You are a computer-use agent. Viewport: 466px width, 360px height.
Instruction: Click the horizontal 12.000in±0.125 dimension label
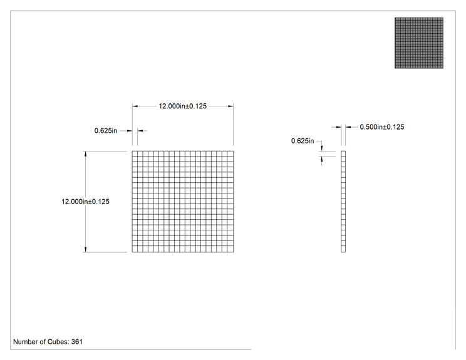(182, 106)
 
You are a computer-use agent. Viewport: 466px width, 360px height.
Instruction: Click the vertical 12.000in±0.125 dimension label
(85, 202)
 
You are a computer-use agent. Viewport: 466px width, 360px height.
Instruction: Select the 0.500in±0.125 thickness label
(382, 127)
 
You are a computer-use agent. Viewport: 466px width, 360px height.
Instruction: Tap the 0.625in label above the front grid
(106, 131)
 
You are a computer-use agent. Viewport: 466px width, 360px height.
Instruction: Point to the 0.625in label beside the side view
(303, 141)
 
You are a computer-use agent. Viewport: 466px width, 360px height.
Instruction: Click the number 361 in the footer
(77, 342)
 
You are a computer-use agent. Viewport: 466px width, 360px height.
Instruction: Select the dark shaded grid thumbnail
(419, 43)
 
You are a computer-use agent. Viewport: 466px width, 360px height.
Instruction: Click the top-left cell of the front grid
(135, 153)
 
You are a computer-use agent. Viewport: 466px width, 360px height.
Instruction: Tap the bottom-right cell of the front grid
(231, 250)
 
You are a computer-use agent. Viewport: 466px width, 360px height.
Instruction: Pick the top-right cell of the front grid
(231, 153)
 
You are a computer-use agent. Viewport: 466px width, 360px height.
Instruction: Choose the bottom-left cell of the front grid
(135, 250)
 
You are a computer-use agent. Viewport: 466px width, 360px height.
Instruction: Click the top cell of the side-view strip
(343, 153)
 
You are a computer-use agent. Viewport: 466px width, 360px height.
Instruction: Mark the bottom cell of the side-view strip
(343, 250)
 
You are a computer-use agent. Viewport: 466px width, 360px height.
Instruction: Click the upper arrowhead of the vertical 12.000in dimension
(86, 154)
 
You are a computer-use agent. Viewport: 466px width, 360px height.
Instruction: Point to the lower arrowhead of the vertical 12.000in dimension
(86, 250)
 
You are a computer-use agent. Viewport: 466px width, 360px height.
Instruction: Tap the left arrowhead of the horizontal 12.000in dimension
(135, 106)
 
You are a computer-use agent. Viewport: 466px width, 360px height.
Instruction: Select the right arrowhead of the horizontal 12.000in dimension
(230, 106)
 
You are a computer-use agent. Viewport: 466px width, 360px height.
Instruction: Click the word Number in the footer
(25, 342)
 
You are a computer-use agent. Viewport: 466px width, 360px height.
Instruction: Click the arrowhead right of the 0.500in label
(348, 127)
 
